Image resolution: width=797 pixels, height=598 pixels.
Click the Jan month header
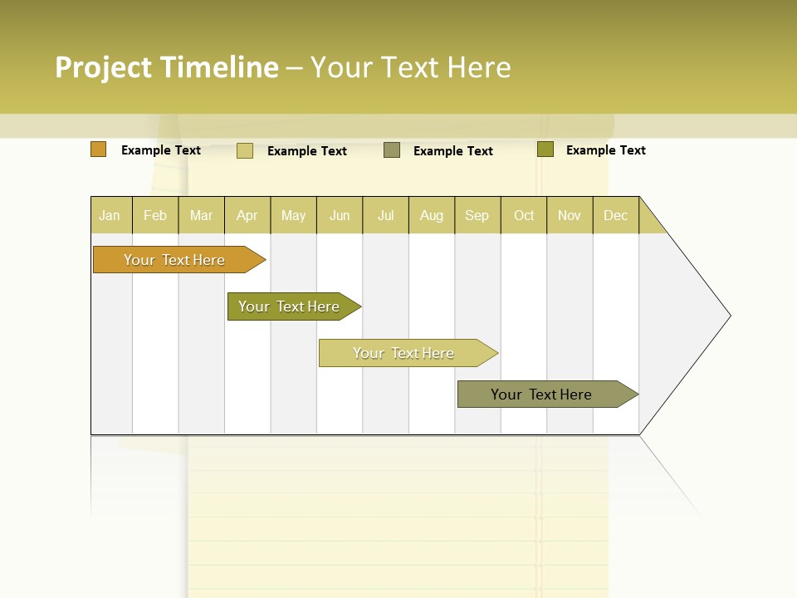pyautogui.click(x=110, y=215)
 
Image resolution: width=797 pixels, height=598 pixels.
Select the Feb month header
pyautogui.click(x=155, y=215)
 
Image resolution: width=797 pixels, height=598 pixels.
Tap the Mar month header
pyautogui.click(x=201, y=215)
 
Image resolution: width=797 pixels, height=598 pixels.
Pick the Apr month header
pyautogui.click(x=247, y=215)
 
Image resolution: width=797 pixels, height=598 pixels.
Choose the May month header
pyautogui.click(x=293, y=215)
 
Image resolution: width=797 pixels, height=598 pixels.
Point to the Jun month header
pyautogui.click(x=340, y=215)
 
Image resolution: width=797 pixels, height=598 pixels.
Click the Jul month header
pyautogui.click(x=385, y=215)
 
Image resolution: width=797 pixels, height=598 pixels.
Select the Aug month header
pyautogui.click(x=432, y=215)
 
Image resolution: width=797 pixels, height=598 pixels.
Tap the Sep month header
pyautogui.click(x=477, y=215)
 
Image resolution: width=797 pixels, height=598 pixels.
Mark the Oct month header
pyautogui.click(x=524, y=215)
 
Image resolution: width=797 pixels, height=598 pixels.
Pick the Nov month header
pyautogui.click(x=570, y=215)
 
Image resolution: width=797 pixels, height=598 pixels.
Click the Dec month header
pyautogui.click(x=616, y=215)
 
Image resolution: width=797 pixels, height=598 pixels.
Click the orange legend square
pyautogui.click(x=99, y=149)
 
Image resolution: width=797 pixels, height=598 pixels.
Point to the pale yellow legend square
pyautogui.click(x=245, y=150)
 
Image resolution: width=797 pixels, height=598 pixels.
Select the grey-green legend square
pyautogui.click(x=392, y=150)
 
